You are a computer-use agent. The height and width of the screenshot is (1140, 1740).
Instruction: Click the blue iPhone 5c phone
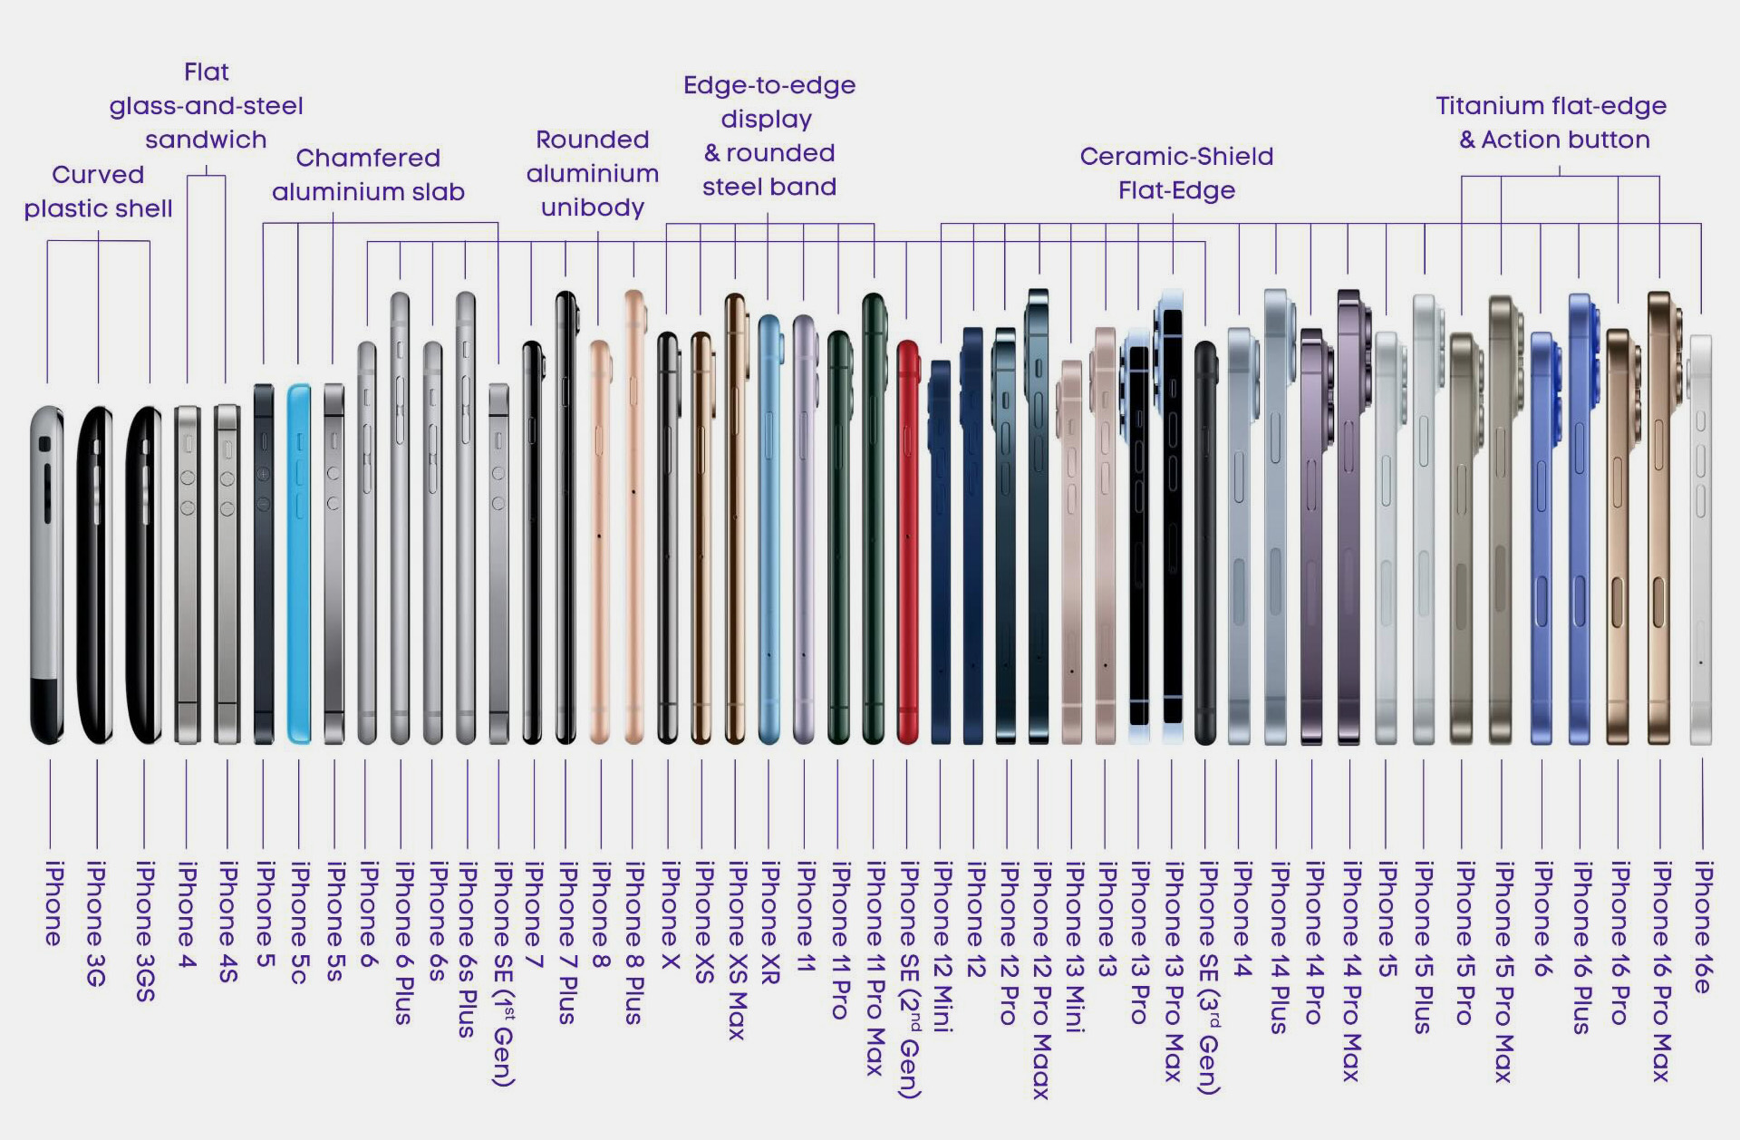299,562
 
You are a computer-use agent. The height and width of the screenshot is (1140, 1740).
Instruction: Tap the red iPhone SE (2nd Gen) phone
907,544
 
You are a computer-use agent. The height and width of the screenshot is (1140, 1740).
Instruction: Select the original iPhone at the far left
47,575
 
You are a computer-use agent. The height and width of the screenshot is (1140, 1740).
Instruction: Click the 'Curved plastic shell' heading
98,191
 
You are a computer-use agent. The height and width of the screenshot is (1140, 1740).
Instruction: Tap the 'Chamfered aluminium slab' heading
368,175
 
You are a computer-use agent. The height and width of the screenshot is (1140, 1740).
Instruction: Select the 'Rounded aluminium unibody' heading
593,173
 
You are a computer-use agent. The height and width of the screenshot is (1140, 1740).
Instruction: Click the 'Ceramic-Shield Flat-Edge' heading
1176,173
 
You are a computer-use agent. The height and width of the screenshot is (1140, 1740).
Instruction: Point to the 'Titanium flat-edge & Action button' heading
1551,122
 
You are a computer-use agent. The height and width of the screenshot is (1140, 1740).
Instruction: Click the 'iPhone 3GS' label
144,932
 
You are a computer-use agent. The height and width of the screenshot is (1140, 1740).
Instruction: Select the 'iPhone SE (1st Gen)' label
503,974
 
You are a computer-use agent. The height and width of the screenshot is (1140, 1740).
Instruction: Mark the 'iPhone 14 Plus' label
1278,948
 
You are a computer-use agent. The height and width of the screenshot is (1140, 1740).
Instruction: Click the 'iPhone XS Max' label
736,951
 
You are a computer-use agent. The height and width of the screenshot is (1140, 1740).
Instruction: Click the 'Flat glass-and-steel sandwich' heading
207,105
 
